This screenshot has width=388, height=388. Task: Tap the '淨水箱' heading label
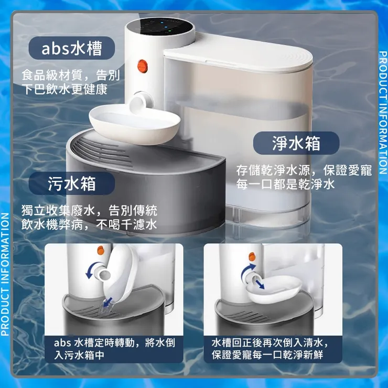click(x=296, y=143)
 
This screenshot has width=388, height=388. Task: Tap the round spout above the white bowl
click(x=142, y=101)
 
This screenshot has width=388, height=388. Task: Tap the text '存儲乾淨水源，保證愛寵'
click(x=304, y=170)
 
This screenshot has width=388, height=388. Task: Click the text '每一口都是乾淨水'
click(x=285, y=184)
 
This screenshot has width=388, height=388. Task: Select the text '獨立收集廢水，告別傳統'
click(x=89, y=211)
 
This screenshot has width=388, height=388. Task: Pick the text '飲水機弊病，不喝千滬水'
click(x=89, y=225)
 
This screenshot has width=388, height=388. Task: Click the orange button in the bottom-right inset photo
click(x=252, y=256)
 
